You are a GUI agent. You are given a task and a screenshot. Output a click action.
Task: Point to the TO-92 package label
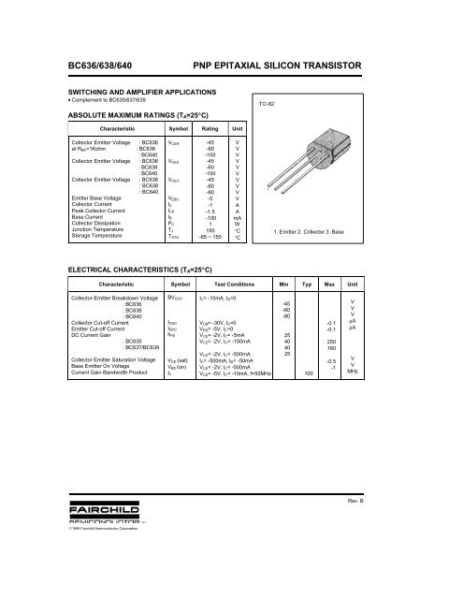point(268,104)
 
